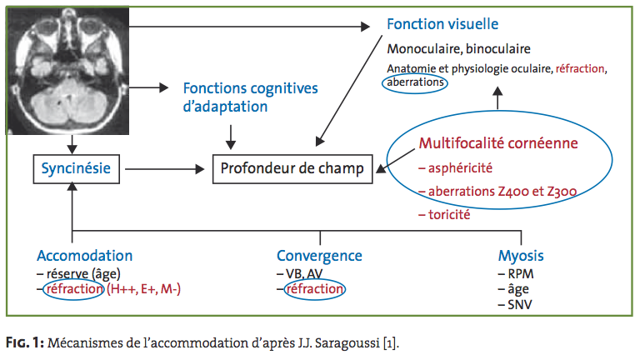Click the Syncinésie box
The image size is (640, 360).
pos(77,168)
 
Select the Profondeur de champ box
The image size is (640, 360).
pos(292,168)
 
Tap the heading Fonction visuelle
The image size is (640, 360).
pos(442,24)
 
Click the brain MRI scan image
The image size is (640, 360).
pos(67,70)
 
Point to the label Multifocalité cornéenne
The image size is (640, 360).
pos(498,143)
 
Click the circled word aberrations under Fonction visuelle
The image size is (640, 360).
pos(415,82)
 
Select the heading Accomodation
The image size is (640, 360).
pos(85,256)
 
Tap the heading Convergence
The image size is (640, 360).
pos(319,256)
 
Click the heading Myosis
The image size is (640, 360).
pos(521,256)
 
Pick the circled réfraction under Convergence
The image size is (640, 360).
pos(315,289)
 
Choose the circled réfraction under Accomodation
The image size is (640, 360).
pos(75,289)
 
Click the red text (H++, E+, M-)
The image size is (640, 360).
pos(143,289)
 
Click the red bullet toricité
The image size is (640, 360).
pos(444,215)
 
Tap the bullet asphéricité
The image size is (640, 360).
pos(456,168)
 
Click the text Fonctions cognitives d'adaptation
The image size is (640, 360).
pos(250,97)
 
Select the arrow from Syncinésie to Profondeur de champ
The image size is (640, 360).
pos(164,169)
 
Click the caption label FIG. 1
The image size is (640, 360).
pos(25,342)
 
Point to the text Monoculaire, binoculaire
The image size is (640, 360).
pos(459,49)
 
